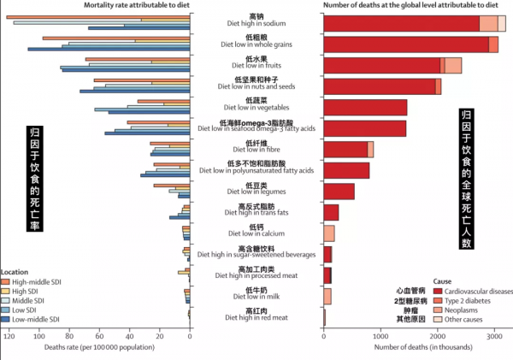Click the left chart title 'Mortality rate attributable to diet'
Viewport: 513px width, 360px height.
coord(136,6)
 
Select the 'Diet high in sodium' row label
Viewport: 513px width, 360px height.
coord(256,24)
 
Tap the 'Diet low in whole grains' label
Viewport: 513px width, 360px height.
coord(256,44)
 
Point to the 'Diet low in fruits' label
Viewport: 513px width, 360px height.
coord(256,65)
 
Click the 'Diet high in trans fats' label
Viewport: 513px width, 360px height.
coord(256,211)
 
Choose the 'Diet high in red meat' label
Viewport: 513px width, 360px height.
coord(256,317)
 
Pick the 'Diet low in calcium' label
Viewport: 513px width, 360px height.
coord(256,233)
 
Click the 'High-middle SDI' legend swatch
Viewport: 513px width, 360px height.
coord(6,281)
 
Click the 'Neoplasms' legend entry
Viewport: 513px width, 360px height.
coord(450,310)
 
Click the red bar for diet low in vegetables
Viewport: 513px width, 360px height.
coord(365,107)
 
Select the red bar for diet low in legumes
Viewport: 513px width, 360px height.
coord(339,191)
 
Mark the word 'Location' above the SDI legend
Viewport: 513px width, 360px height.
coord(17,270)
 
